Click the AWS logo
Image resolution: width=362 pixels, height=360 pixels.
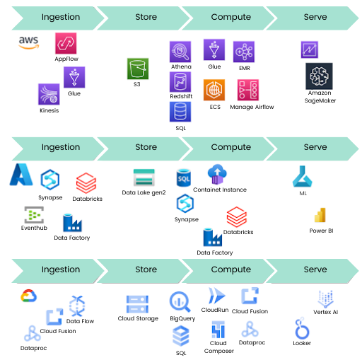tap(29, 42)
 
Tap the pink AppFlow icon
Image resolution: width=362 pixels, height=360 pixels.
tap(66, 43)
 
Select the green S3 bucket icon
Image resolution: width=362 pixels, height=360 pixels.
tap(138, 69)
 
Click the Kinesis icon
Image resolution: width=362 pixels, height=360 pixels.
tap(49, 94)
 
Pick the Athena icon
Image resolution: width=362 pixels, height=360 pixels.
tap(180, 52)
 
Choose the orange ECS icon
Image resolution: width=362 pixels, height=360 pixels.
tap(214, 90)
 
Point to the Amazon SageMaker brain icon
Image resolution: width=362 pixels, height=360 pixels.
tap(319, 76)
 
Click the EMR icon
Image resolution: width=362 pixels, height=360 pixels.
tap(244, 52)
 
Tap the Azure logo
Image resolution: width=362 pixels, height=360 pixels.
tap(21, 175)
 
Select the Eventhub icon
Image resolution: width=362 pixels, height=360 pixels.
tap(34, 215)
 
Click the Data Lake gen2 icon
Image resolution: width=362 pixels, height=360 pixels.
tap(144, 178)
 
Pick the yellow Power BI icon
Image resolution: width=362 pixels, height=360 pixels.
tap(320, 215)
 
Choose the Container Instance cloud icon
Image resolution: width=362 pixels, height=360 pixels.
tap(217, 174)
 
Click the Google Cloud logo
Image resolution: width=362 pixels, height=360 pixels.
tap(28, 296)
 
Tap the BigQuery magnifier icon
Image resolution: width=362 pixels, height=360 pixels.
tap(180, 302)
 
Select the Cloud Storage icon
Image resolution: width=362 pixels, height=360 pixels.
tap(137, 304)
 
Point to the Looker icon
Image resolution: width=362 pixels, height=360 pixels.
tap(302, 328)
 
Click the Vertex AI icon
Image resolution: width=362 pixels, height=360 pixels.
tap(325, 299)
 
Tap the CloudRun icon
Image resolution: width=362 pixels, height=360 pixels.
tap(217, 296)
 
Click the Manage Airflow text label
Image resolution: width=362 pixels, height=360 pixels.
tap(252, 107)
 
